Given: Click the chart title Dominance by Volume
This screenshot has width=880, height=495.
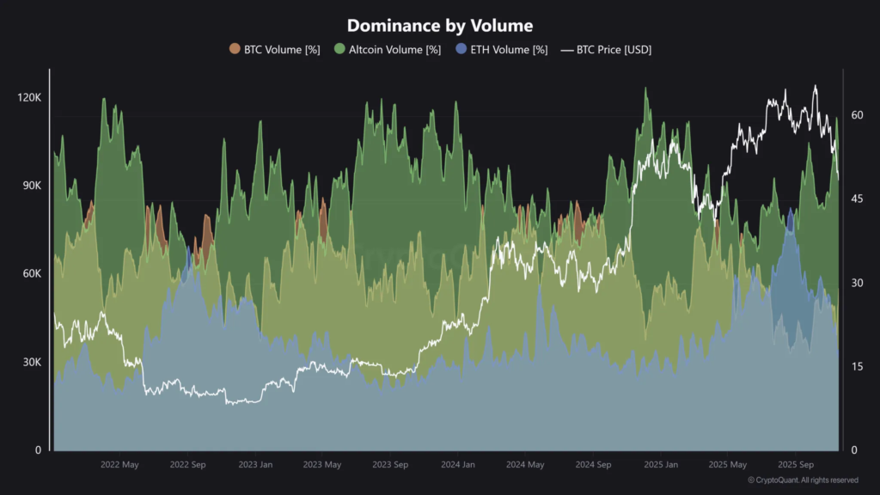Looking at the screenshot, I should [440, 26].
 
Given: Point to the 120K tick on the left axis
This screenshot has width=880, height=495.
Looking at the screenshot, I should [29, 98].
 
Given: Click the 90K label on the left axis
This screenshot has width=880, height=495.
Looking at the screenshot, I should [31, 186].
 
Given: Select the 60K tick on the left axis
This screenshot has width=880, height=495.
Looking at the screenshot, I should [31, 274].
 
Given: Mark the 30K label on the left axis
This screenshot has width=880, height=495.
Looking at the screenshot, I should [31, 363].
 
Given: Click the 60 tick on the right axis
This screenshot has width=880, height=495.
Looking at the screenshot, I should [856, 114].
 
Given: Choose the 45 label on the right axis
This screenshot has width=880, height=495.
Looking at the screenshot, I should [856, 199].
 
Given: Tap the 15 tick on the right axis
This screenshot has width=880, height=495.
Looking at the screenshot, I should [856, 367].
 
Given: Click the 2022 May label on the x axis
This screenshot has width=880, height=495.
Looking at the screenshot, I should [119, 465].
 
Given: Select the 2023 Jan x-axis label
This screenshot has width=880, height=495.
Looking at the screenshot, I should [255, 465].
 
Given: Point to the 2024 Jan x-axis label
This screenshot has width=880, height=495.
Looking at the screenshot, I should [458, 465].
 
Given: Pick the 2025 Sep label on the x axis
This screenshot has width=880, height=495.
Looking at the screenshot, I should [795, 465].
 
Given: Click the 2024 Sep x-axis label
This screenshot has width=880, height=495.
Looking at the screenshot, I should [593, 465].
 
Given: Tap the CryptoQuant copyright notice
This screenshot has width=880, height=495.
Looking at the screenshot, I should [803, 480].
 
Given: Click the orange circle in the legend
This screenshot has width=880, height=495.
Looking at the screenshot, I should [235, 50].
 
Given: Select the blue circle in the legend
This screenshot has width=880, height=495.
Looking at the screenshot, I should [462, 50].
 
